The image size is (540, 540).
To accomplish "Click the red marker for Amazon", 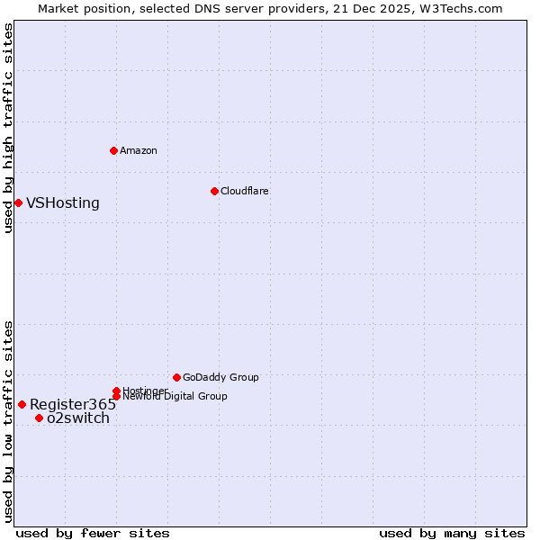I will [x=113, y=150].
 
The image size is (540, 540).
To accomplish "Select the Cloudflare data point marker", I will [x=214, y=191].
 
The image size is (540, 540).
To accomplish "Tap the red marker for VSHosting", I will [x=18, y=202].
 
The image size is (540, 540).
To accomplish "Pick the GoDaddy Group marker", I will [x=176, y=377].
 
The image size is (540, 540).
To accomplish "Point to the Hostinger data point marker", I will [x=116, y=391].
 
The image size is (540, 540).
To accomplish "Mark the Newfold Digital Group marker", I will [x=116, y=396].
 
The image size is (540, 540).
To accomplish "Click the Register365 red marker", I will [x=22, y=404].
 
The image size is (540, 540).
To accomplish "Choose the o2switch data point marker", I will [x=39, y=418].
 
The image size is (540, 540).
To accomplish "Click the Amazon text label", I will [x=139, y=150].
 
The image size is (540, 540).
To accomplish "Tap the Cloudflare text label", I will [x=245, y=191].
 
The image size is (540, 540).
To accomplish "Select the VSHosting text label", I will [x=63, y=202].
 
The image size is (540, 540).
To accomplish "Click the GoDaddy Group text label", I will [x=220, y=377].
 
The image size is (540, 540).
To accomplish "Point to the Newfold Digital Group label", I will [x=175, y=397].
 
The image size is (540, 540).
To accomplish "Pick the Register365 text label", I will [x=73, y=404].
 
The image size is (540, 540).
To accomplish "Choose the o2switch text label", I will [x=78, y=418].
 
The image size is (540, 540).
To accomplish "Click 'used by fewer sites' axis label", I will [x=93, y=533].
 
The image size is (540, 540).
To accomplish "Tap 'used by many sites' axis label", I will [x=452, y=533].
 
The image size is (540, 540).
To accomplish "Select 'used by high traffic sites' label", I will [x=9, y=129].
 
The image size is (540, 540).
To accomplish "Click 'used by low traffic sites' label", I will [x=9, y=421].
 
